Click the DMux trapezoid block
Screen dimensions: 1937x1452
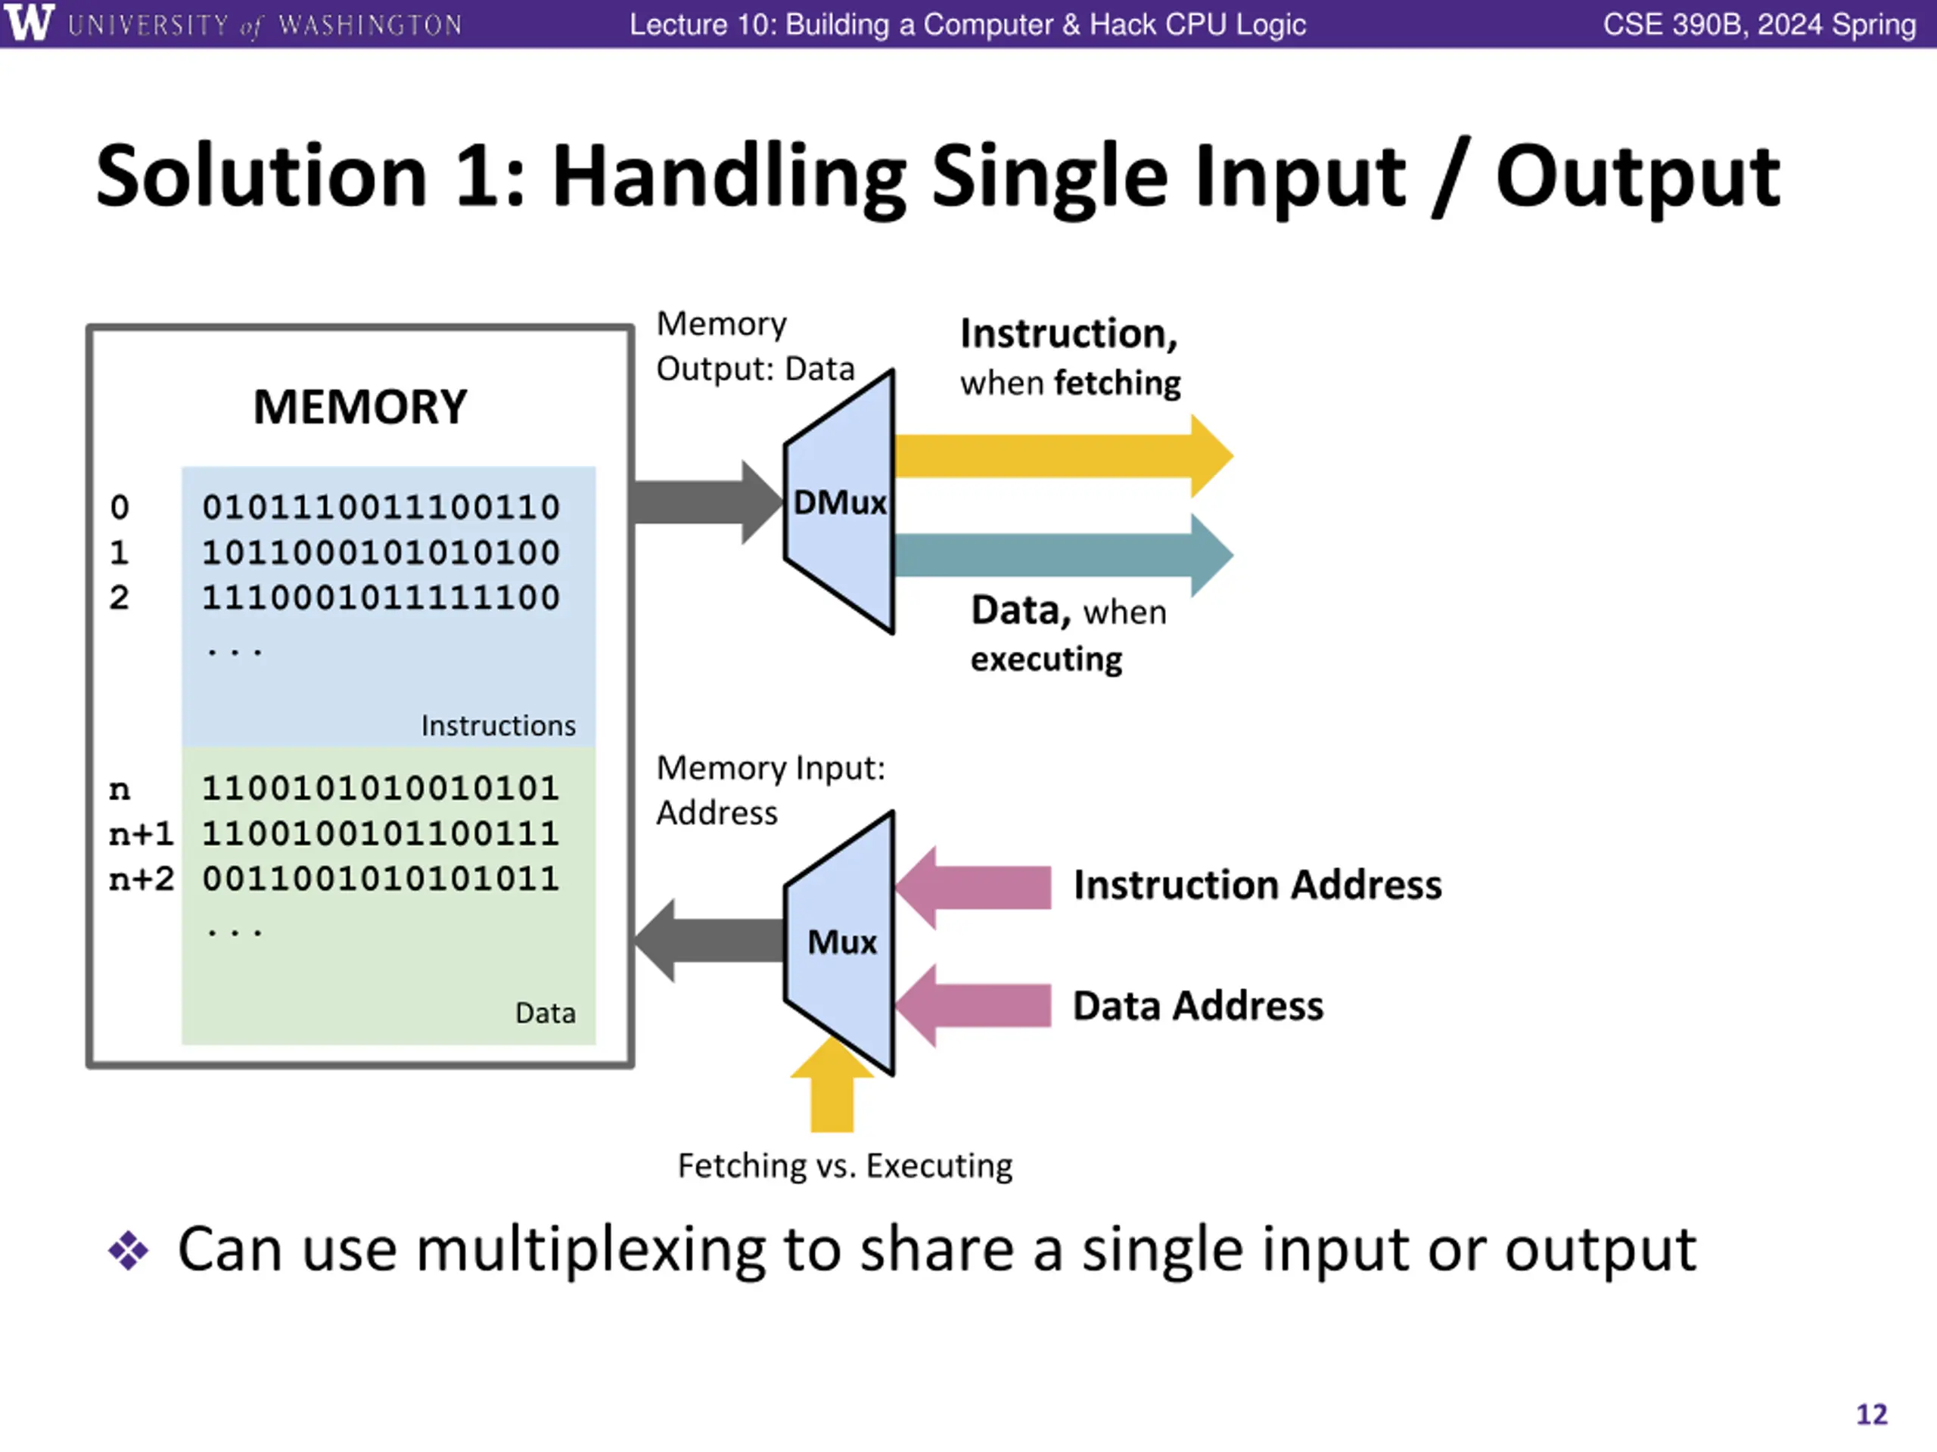840,502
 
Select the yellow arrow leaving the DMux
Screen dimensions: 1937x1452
1063,456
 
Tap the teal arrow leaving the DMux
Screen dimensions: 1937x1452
1063,555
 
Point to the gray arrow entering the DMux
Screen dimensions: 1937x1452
707,502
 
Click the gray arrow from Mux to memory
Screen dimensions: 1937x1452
707,941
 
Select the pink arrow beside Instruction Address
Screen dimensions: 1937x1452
973,888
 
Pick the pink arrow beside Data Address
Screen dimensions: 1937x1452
973,1006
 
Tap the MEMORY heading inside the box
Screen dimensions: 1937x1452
360,407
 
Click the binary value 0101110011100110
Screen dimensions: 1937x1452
381,507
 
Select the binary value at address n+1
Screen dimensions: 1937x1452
381,834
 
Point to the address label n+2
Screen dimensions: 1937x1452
141,879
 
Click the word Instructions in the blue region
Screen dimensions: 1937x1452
499,725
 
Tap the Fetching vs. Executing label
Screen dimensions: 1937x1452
845,1166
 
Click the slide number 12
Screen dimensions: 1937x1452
1872,1415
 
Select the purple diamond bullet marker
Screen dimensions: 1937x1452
129,1251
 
